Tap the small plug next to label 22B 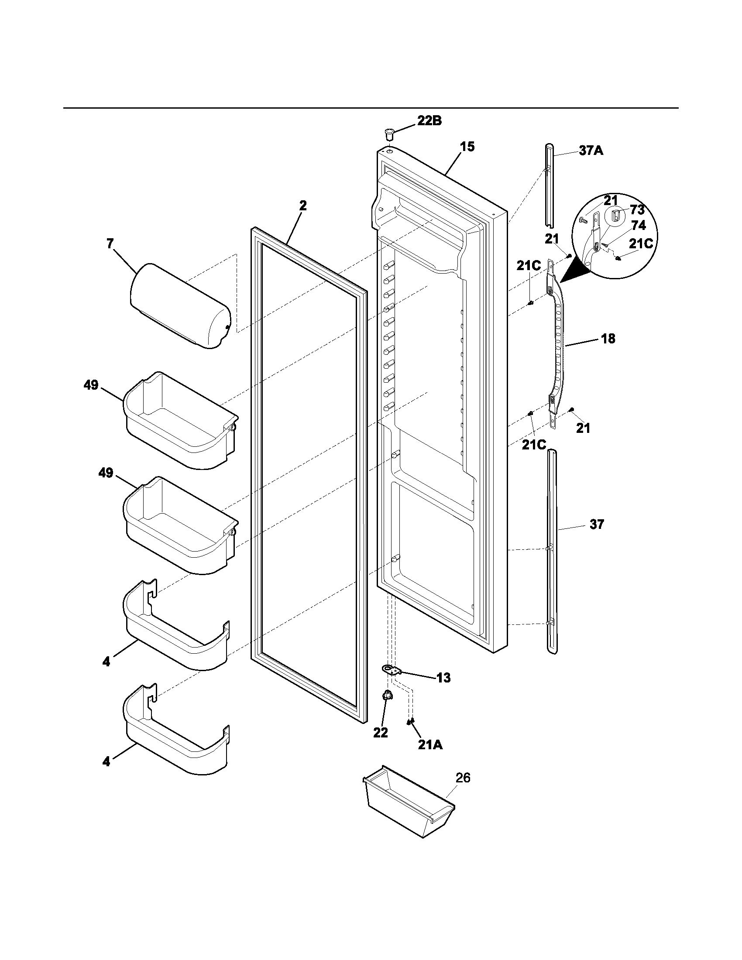click(x=388, y=133)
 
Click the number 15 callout click(x=467, y=147)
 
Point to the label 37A click(x=591, y=151)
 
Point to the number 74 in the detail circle click(x=638, y=226)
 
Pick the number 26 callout click(x=462, y=778)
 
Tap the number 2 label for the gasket click(x=303, y=205)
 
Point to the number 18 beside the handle click(x=608, y=339)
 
